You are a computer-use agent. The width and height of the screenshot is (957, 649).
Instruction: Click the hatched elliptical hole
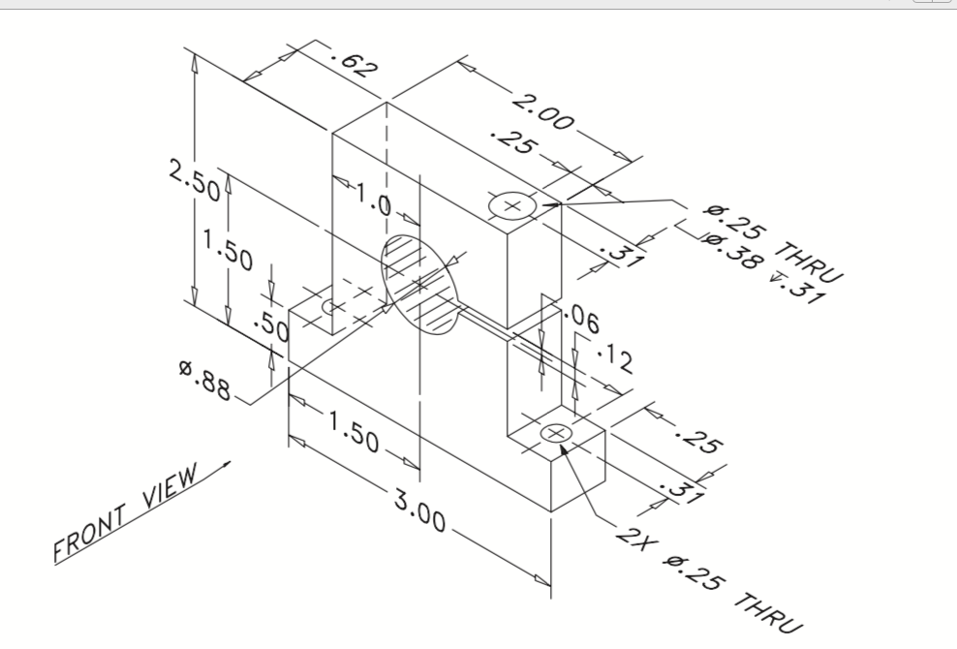coord(419,282)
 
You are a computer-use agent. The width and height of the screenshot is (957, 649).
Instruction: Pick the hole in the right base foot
coord(556,433)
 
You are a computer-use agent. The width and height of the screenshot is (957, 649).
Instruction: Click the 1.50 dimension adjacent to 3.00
coord(354,431)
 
